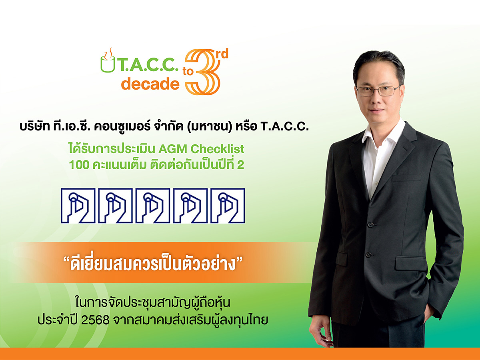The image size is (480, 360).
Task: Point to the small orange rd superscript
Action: click(x=222, y=54)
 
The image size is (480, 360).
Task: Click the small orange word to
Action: click(x=188, y=72)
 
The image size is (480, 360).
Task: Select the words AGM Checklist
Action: click(x=201, y=149)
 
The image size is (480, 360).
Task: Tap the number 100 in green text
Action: click(x=79, y=165)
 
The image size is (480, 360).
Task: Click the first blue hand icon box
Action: click(x=78, y=206)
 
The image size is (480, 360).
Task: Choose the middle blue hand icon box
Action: click(x=153, y=206)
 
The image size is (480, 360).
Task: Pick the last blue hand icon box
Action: click(x=228, y=206)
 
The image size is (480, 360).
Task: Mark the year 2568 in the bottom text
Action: click(x=95, y=320)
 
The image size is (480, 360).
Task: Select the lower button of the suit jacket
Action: click(x=368, y=254)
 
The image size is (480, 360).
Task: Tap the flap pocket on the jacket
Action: click(x=411, y=263)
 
